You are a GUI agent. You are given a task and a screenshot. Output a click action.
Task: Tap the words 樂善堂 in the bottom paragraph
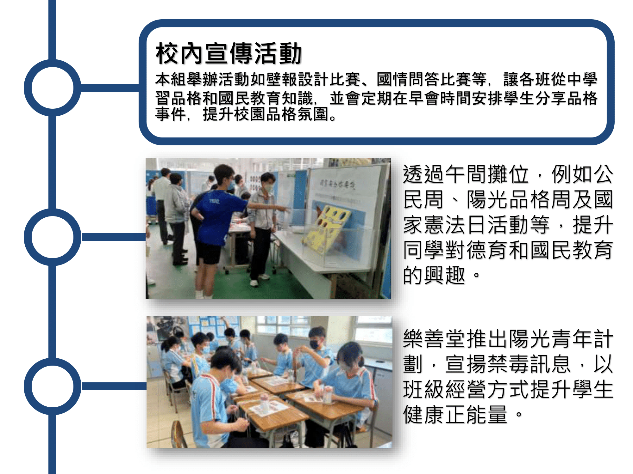coord(434,339)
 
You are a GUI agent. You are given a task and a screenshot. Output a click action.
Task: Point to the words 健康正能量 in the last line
coord(455,414)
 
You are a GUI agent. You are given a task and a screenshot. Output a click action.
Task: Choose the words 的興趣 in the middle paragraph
coord(434,275)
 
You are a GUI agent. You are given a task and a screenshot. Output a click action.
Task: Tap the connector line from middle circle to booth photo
coord(113,237)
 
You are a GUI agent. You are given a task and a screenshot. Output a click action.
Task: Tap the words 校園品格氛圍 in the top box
coord(281,114)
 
